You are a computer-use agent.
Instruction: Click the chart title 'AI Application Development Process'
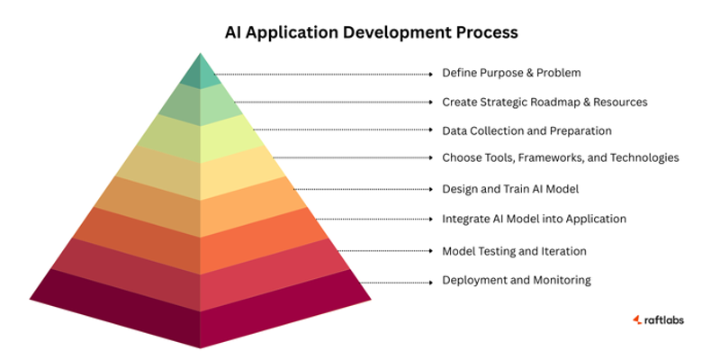(x=371, y=32)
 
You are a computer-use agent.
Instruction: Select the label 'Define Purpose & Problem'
(x=511, y=73)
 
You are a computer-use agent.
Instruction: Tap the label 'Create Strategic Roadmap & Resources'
(x=544, y=103)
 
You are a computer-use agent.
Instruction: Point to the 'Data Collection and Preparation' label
(x=526, y=131)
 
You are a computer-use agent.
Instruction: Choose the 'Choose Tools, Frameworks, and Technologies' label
(x=560, y=158)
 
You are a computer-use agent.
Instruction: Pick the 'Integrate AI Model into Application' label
(x=534, y=219)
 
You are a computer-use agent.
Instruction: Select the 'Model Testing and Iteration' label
(x=514, y=251)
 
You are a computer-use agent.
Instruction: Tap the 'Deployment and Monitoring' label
(x=517, y=280)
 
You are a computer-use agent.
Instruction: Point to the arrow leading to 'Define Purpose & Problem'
(x=324, y=74)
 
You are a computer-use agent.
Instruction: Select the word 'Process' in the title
(x=487, y=32)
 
